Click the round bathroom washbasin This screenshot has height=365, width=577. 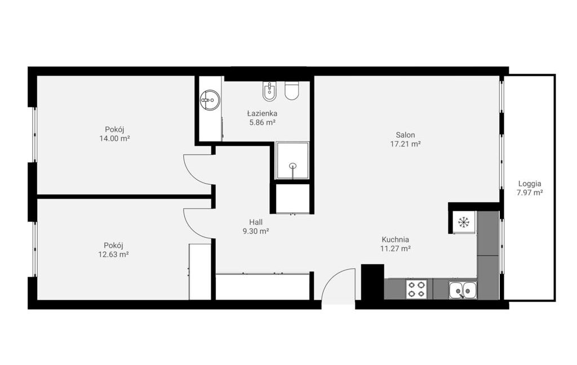(210, 100)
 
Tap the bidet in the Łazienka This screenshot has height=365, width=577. (270, 91)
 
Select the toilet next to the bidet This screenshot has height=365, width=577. (292, 91)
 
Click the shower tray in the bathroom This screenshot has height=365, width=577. (292, 161)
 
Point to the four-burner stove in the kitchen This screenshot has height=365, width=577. (416, 289)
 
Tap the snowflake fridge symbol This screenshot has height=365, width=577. (464, 222)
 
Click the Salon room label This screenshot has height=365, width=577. (406, 135)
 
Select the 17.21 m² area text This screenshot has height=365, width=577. (406, 144)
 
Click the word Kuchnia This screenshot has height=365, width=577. (395, 239)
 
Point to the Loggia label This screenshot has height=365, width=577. (530, 184)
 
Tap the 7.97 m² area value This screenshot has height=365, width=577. (530, 193)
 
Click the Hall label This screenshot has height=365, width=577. (256, 222)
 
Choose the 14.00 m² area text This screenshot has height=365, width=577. (114, 139)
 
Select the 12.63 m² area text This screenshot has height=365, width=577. (113, 254)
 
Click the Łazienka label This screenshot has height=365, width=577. (263, 113)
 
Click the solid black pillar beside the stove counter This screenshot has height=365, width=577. (372, 282)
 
